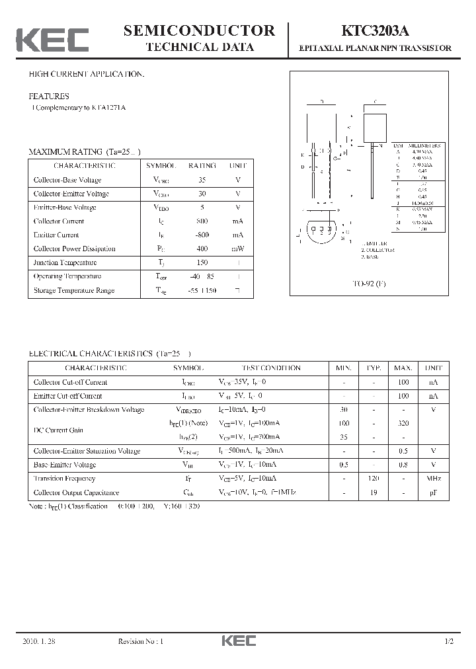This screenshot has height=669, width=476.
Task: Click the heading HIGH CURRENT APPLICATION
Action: click(86, 74)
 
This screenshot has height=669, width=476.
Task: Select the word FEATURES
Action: click(48, 96)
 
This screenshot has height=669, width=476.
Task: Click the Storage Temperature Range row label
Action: click(74, 290)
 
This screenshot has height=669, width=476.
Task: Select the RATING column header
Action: click(202, 166)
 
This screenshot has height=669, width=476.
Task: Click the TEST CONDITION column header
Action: click(271, 368)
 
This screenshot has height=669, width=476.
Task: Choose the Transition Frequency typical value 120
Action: click(374, 478)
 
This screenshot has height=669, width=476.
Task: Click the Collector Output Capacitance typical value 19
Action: click(374, 492)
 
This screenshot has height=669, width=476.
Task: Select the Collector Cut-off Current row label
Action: click(70, 382)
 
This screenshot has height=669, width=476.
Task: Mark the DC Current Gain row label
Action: click(58, 430)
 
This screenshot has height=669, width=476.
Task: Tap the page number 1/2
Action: click(450, 641)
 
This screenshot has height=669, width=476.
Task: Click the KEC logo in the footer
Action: click(238, 641)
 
